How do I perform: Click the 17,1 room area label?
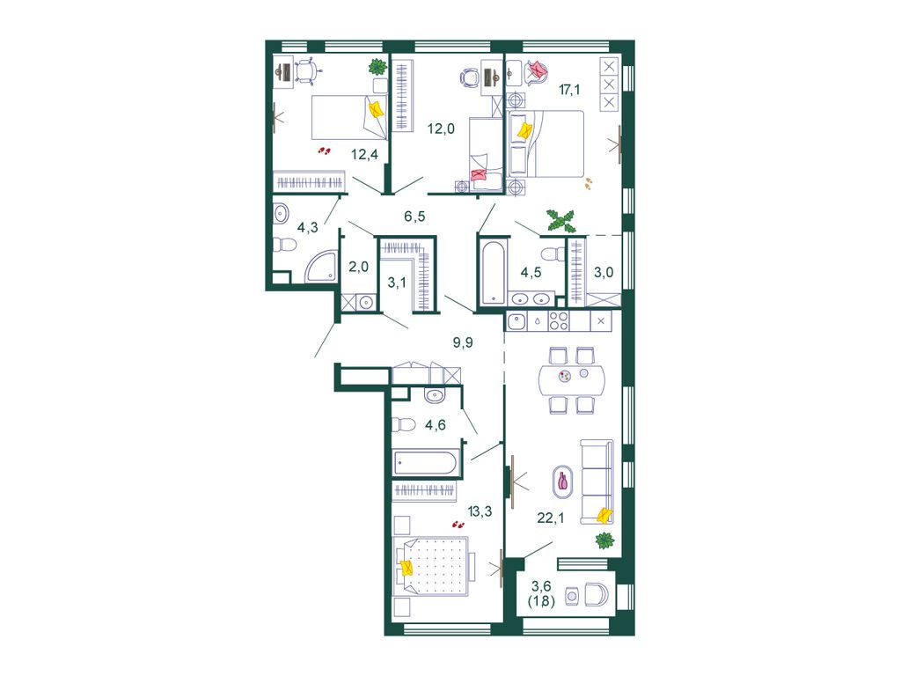[569, 89]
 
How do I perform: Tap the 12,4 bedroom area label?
[365, 154]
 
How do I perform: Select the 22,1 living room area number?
[551, 518]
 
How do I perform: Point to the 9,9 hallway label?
[463, 343]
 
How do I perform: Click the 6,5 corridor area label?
[414, 217]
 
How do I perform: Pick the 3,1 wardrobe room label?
[397, 283]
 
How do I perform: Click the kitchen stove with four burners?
[559, 320]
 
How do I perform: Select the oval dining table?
[572, 380]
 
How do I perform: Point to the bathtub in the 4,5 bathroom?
[494, 272]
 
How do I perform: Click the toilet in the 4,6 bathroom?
[403, 425]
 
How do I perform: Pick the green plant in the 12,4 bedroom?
[377, 67]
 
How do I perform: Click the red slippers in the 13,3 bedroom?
[458, 525]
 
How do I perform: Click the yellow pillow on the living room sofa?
[604, 516]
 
